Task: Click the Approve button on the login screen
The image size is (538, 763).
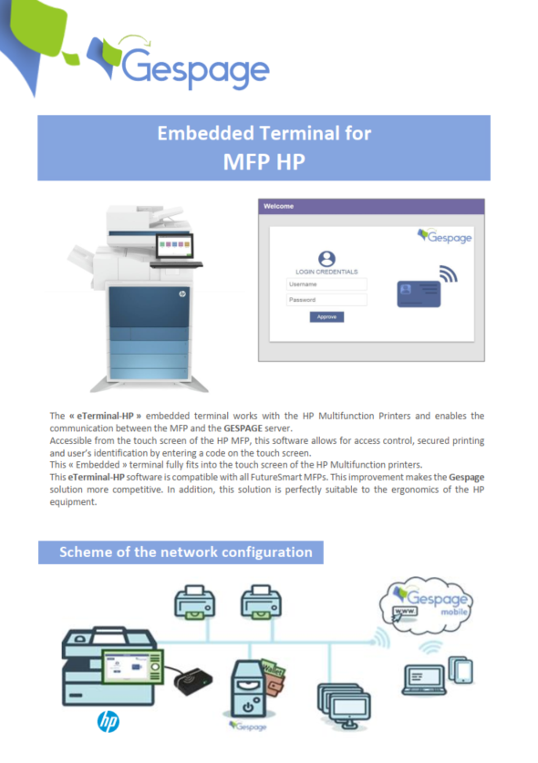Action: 326,316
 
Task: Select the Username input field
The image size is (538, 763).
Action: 326,284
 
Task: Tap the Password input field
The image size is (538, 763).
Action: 326,299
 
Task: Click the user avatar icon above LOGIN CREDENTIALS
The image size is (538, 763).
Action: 326,259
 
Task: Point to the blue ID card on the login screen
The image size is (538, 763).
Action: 419,294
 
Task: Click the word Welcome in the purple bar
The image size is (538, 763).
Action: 279,206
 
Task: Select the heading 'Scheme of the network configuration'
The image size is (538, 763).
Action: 185,552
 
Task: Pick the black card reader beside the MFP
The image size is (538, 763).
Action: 192,679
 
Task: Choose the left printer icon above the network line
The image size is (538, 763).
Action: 193,603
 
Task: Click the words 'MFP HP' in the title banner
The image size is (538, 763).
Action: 264,161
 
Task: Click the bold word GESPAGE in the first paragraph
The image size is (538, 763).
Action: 244,428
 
